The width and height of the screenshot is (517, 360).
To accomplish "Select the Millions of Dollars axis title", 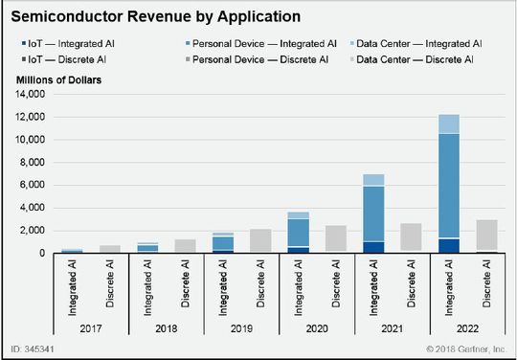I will pyautogui.click(x=56, y=79).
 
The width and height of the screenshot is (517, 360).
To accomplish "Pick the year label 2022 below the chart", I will pyautogui.click(x=468, y=328).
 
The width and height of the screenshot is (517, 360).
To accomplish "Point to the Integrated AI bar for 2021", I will pyautogui.click(x=372, y=215).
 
